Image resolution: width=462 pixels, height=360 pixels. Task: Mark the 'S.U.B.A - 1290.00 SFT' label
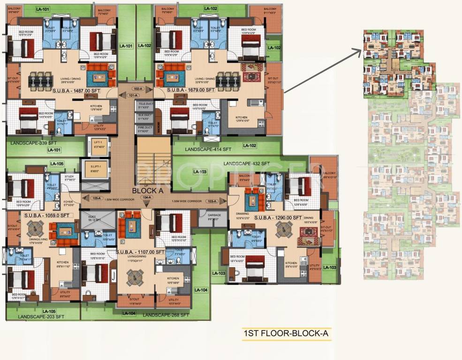[278, 217]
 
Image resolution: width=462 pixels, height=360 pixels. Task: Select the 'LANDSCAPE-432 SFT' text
[247, 163]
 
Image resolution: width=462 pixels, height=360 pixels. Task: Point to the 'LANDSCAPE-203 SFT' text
[41, 317]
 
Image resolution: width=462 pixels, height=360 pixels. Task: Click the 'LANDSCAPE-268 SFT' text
[166, 315]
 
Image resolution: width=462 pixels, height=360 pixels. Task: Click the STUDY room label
[70, 178]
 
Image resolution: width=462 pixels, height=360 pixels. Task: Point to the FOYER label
[69, 203]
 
